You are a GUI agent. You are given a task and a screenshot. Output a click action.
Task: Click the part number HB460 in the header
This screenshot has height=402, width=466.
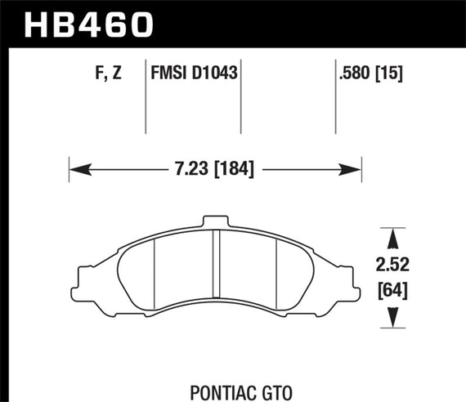(x=90, y=22)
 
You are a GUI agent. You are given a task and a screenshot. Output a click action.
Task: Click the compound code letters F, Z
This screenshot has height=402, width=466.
(x=108, y=74)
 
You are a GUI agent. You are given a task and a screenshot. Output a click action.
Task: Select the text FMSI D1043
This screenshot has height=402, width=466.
(x=194, y=74)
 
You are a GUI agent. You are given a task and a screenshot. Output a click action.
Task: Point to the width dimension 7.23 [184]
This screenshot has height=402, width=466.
(x=215, y=170)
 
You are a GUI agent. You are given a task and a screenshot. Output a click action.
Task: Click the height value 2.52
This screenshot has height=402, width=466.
(x=393, y=266)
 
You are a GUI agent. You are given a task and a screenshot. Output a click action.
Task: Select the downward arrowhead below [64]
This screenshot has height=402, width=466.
(x=393, y=315)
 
